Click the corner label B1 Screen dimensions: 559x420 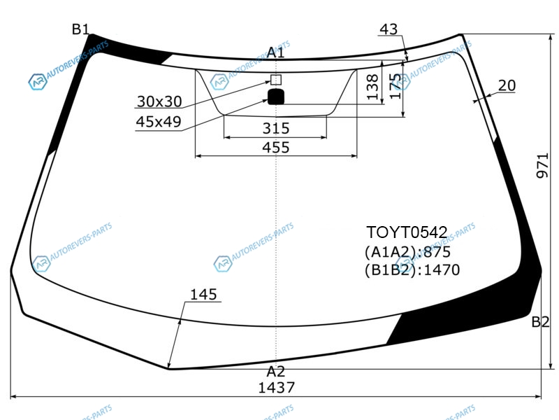click(x=80, y=29)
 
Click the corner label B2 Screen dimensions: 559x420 click(x=540, y=322)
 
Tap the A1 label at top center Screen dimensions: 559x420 click(x=275, y=52)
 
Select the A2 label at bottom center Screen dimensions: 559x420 click(x=275, y=372)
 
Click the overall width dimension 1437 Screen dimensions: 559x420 click(x=276, y=388)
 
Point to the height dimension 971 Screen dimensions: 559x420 click(x=542, y=165)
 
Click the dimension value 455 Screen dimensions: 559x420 click(x=275, y=148)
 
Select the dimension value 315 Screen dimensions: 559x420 click(x=276, y=128)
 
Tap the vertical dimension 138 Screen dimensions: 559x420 click(x=372, y=87)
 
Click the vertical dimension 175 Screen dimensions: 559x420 click(x=395, y=86)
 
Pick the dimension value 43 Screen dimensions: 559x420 click(x=389, y=29)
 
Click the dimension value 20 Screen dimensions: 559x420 click(x=507, y=85)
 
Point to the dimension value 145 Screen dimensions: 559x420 click(x=203, y=295)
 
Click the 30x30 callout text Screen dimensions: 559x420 click(x=159, y=101)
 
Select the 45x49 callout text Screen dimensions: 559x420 click(x=159, y=122)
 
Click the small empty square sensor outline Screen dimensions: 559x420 click(x=276, y=80)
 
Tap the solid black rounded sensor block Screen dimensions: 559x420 click(x=276, y=97)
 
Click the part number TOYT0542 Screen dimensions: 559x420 click(x=407, y=232)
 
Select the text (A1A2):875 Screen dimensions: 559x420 click(x=407, y=252)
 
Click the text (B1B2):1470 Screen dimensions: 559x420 click(x=412, y=270)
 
